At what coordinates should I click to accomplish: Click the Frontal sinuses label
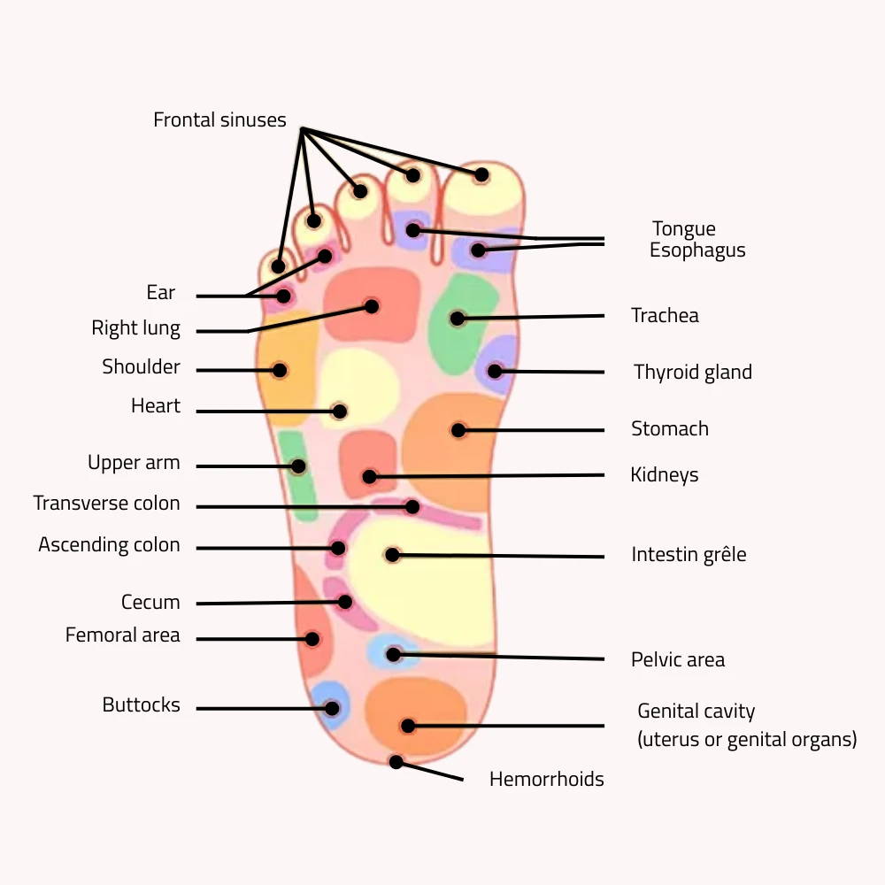click(219, 119)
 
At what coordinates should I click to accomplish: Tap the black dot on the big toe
click(481, 174)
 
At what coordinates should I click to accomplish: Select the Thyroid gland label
click(692, 372)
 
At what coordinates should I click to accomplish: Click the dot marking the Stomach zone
click(458, 430)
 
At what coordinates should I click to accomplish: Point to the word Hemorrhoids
click(546, 779)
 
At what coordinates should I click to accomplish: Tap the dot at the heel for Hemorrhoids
click(396, 762)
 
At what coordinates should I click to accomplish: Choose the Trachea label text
click(665, 315)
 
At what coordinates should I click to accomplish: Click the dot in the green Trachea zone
click(458, 318)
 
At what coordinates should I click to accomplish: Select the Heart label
click(156, 406)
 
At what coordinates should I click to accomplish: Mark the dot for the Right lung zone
click(372, 306)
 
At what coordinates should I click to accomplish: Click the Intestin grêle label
click(689, 555)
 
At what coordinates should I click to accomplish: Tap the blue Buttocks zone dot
click(332, 708)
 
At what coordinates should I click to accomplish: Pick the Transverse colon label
click(106, 504)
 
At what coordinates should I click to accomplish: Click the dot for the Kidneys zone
click(369, 477)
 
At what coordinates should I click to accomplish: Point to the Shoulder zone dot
click(280, 370)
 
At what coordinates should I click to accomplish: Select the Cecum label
click(150, 603)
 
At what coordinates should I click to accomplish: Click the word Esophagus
click(697, 250)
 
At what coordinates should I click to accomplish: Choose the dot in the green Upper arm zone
click(298, 466)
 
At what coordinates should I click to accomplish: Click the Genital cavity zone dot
click(408, 726)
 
